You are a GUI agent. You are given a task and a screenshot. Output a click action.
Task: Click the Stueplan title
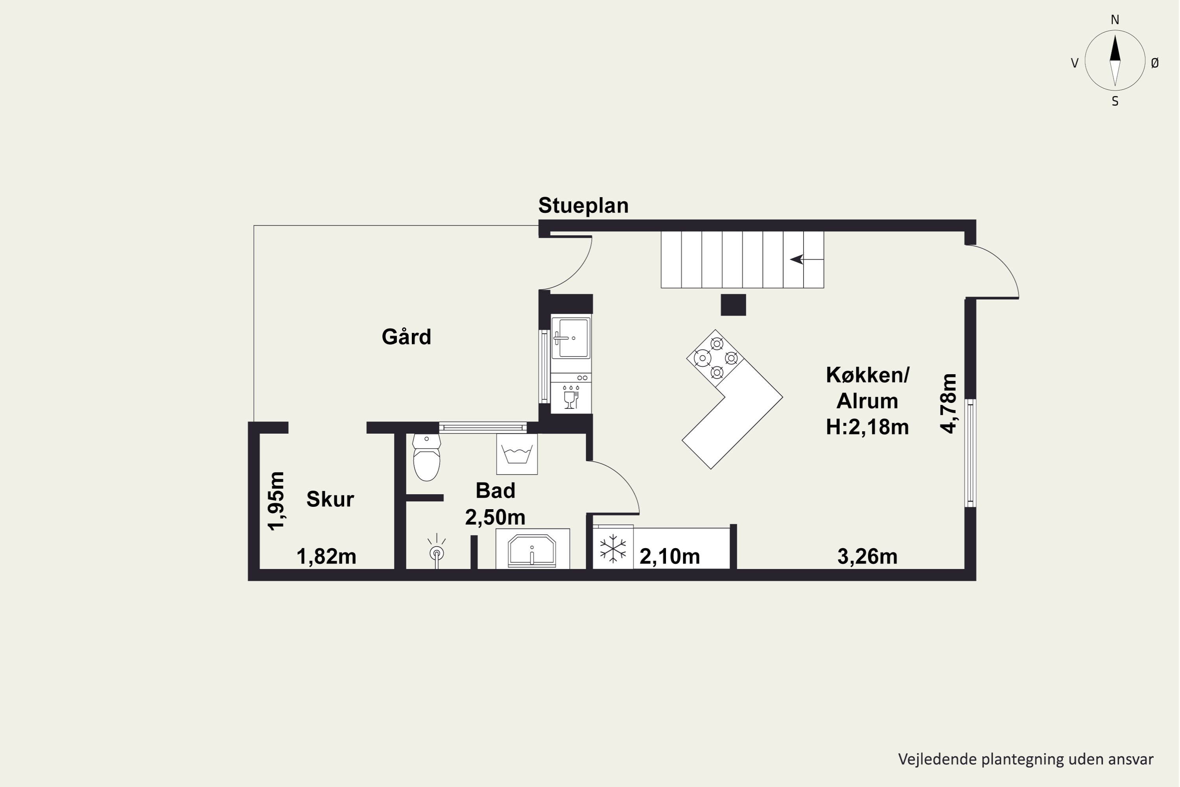583,206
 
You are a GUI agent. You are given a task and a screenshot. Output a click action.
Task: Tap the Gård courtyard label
406,336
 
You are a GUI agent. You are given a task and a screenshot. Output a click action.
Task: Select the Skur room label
330,499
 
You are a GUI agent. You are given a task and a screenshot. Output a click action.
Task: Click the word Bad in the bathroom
495,490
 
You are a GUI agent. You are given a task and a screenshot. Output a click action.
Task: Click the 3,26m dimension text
867,557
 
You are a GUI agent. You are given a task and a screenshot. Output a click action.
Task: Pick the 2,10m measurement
670,557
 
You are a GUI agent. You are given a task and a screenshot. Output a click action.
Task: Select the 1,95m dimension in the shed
276,501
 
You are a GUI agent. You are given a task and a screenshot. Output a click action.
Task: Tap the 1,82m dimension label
326,557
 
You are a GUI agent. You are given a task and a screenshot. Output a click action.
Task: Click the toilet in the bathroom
426,458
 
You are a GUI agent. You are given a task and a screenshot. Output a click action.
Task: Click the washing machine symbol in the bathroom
517,454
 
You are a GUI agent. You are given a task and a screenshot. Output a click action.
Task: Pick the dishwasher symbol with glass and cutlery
571,397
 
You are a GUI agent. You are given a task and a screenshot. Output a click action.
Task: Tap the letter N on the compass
1115,20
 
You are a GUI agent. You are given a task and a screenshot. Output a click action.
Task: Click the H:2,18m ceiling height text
867,427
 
